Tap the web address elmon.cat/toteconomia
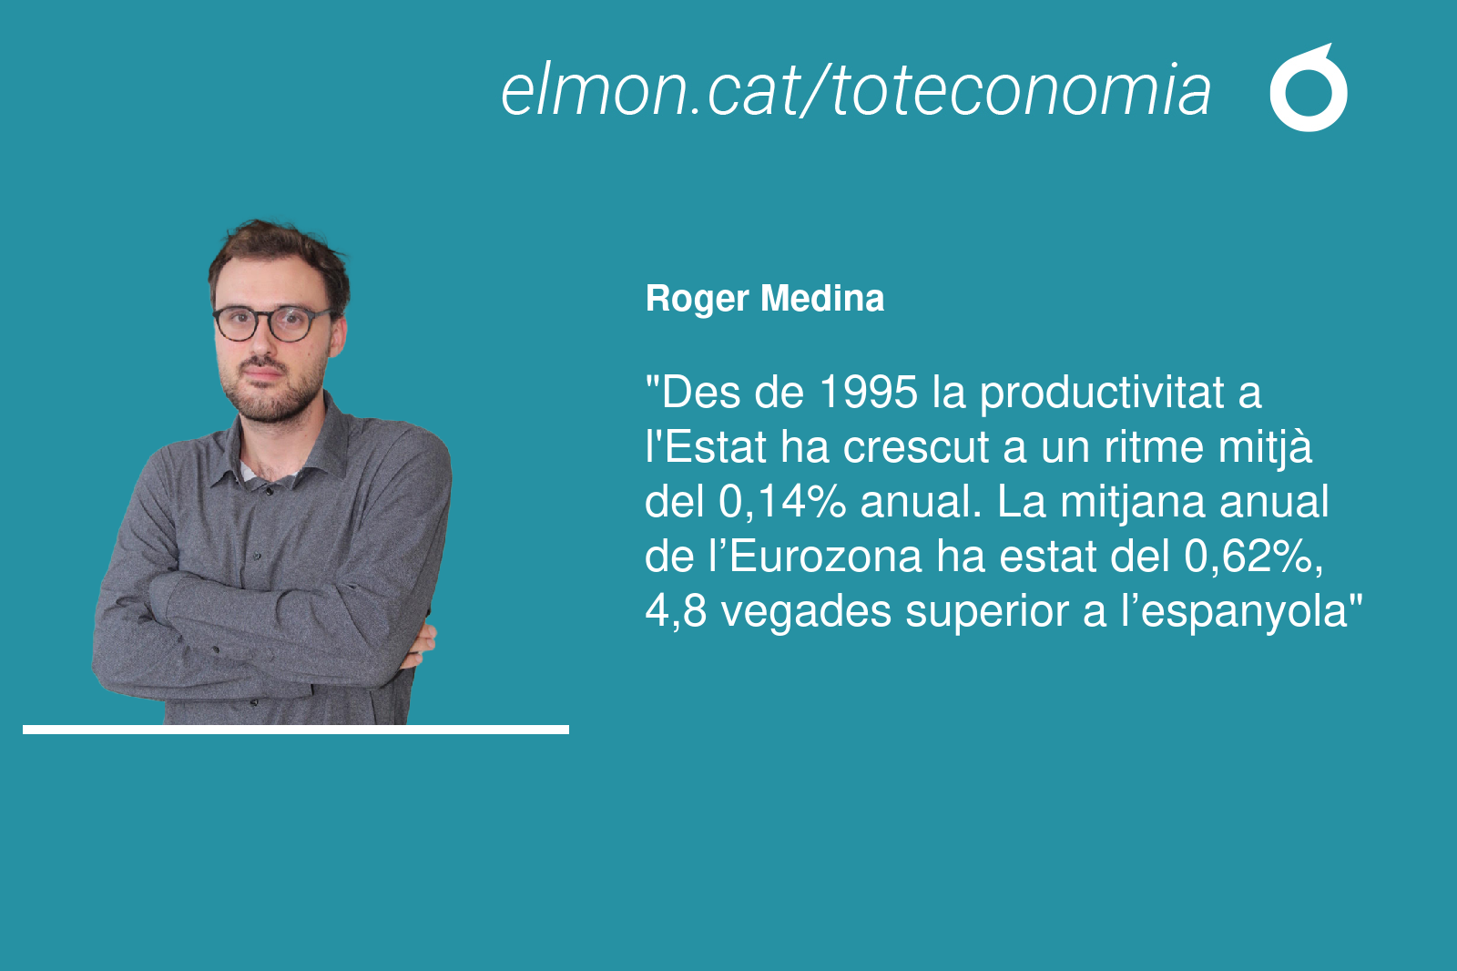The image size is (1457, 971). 856,90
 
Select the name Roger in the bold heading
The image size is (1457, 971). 697,300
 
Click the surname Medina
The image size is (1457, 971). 822,299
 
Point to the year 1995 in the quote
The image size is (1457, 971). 869,393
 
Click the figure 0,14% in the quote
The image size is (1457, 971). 782,503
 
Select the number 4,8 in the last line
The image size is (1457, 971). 675,612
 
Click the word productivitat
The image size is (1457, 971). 1103,394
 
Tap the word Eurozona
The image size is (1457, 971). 825,557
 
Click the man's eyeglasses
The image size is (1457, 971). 272,323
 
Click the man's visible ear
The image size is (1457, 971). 338,335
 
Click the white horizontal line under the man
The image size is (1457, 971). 296,730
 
